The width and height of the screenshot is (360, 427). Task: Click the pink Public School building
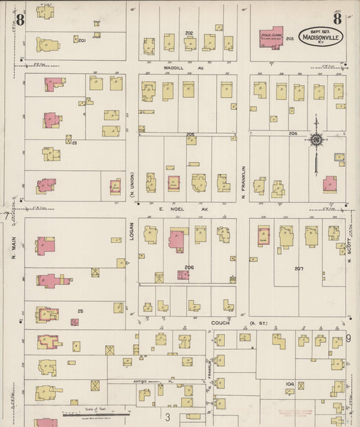(270, 38)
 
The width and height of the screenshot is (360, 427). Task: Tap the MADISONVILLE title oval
(322, 36)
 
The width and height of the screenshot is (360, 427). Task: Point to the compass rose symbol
(315, 140)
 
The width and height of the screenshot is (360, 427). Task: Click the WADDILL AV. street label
(174, 68)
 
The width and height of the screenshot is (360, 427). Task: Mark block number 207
(299, 269)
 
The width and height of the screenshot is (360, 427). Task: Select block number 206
(189, 267)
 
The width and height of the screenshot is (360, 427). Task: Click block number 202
(189, 32)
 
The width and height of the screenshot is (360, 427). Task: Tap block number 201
(82, 41)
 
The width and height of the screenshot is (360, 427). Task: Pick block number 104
(289, 384)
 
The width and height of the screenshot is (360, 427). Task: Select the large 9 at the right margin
(349, 338)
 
